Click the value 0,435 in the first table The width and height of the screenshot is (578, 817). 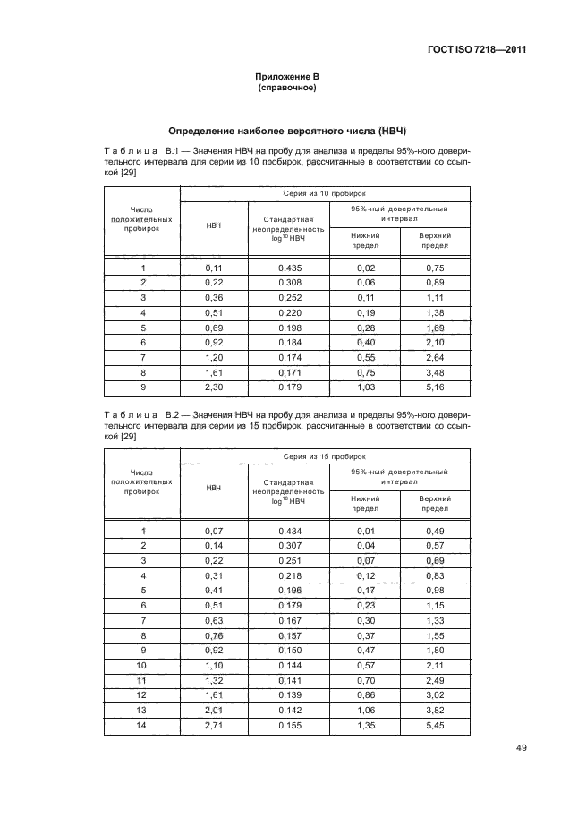click(289, 268)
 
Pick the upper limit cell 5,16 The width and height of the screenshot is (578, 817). click(435, 388)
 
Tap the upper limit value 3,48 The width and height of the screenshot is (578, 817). click(435, 373)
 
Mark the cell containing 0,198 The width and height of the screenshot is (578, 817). click(289, 328)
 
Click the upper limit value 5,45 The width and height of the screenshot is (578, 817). click(435, 727)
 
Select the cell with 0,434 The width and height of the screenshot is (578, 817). click(289, 531)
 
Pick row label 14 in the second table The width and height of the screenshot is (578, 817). click(142, 727)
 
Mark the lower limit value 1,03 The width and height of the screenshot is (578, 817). click(364, 388)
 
